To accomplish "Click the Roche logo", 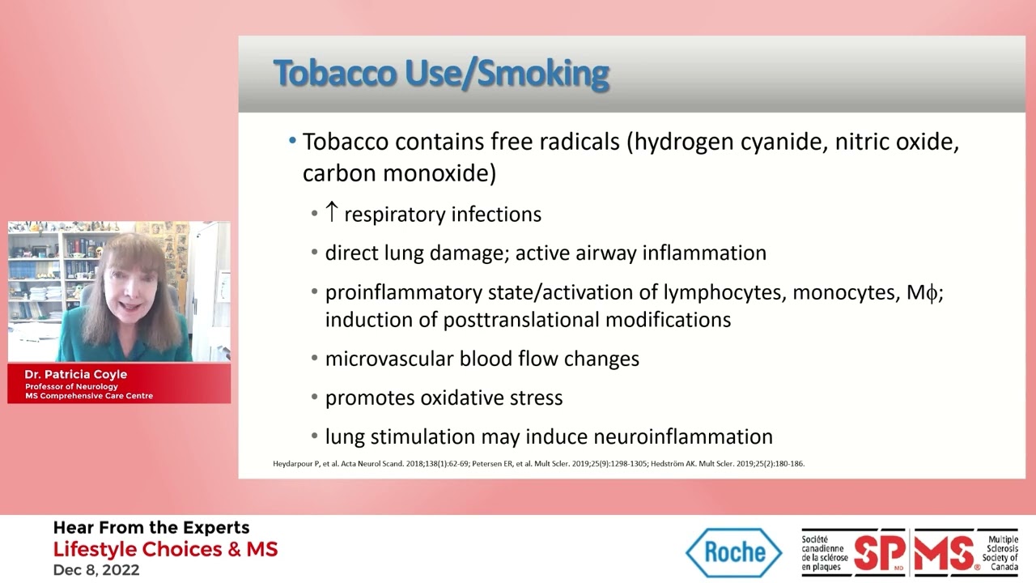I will tap(734, 552).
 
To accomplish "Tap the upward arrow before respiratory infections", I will tap(331, 213).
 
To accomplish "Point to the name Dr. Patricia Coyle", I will tap(75, 375).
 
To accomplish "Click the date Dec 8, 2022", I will tap(96, 570).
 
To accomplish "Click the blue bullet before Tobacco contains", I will tap(293, 142).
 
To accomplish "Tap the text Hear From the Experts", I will tap(151, 528).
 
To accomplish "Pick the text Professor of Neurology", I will tap(71, 386).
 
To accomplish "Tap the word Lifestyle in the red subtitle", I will tap(95, 549).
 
